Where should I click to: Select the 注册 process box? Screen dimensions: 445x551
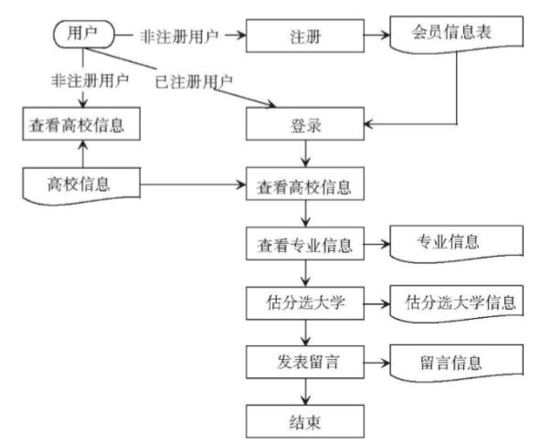307,37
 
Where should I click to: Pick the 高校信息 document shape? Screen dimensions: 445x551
80,184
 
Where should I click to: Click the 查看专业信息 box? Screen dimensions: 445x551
307,246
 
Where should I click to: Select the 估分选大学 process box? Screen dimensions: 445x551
307,302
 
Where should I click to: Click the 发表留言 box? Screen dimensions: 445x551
307,362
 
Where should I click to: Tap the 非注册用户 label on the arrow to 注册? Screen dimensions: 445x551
179,37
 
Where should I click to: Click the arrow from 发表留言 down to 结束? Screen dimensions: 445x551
307,390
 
